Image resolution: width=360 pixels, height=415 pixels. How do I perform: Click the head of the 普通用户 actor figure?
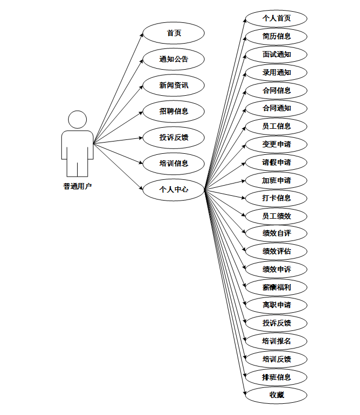[x=78, y=119]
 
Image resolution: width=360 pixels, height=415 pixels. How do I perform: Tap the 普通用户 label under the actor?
[x=78, y=186]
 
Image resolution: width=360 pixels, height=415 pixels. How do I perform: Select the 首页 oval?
[x=174, y=33]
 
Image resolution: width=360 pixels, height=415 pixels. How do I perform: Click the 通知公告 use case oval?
[x=174, y=59]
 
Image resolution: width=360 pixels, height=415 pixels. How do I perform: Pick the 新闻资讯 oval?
[x=174, y=85]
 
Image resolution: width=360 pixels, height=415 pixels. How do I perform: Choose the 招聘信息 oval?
[x=174, y=111]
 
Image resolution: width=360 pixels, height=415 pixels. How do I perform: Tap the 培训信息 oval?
[x=174, y=163]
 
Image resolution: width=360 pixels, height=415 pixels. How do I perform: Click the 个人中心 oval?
[x=174, y=189]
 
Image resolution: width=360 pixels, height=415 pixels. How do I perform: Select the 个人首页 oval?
[x=277, y=18]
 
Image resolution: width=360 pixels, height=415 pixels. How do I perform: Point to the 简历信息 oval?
[x=277, y=36]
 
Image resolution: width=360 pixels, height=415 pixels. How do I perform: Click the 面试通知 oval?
[x=277, y=54]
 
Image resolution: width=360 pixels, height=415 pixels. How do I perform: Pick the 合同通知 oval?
[x=277, y=108]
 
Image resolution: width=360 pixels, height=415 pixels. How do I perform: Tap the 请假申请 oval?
[x=277, y=162]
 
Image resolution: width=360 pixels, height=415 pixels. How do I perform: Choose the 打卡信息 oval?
[x=277, y=198]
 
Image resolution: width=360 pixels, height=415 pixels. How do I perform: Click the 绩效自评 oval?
[x=277, y=234]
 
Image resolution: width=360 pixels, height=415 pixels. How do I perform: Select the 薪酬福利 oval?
[x=277, y=287]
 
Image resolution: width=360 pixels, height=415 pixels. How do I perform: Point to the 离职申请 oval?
[x=277, y=305]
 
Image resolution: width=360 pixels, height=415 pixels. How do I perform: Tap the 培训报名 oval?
[x=277, y=341]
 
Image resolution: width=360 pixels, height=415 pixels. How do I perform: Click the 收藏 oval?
[x=277, y=395]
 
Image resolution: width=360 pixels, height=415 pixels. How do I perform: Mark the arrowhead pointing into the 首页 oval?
[x=141, y=35]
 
